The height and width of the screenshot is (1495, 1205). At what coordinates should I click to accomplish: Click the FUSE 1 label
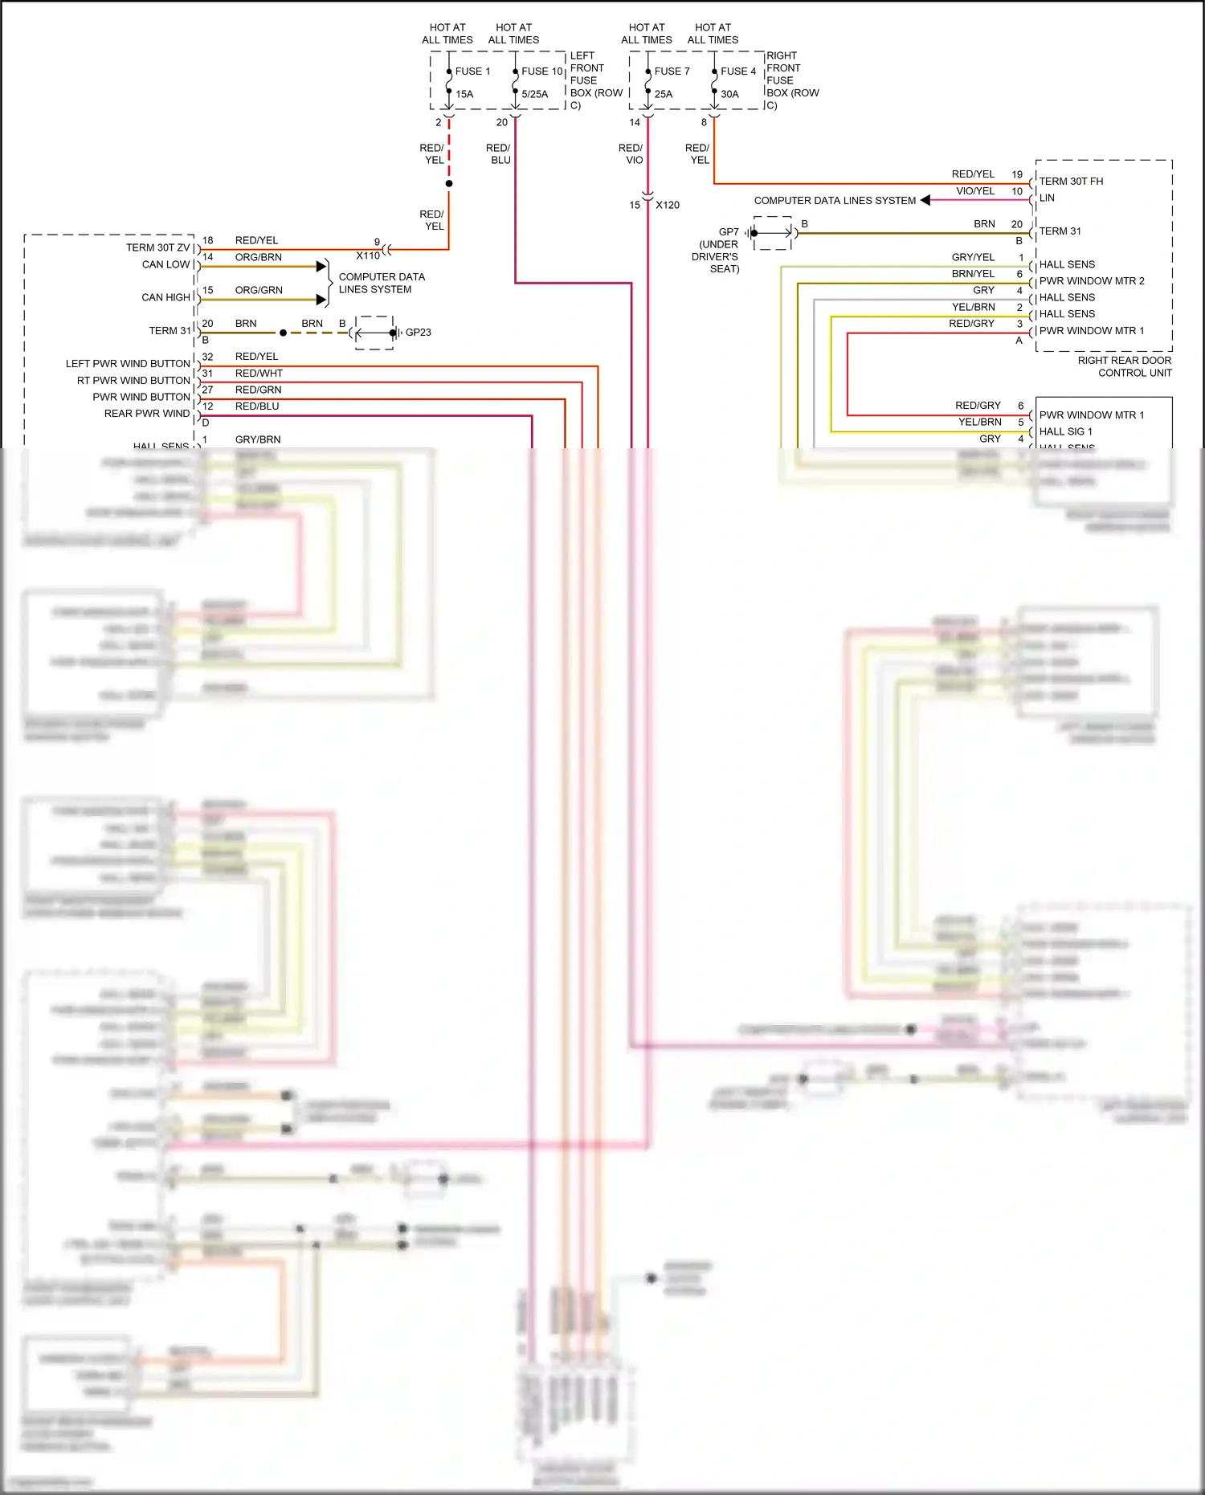pos(472,71)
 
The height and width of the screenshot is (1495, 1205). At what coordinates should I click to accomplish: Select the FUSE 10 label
pos(541,71)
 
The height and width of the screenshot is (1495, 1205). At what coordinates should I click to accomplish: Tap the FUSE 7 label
pos(672,71)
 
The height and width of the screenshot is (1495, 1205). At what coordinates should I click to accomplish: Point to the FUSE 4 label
pos(737,71)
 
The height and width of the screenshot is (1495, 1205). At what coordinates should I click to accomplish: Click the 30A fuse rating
pos(729,94)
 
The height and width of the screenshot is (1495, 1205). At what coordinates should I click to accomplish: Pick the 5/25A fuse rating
pos(534,94)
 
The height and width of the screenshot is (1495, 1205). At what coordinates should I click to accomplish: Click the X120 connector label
pos(667,205)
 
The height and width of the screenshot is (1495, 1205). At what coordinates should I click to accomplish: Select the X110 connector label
pos(368,255)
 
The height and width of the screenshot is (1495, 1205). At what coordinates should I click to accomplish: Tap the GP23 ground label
pos(418,332)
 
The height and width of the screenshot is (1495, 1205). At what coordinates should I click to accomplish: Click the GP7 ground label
pos(729,232)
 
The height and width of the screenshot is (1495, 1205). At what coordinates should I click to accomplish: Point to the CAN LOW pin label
pos(165,264)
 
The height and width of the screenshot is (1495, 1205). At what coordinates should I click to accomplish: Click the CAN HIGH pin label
pos(165,297)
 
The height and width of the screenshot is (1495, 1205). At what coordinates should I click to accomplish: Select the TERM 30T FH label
pos(1071,182)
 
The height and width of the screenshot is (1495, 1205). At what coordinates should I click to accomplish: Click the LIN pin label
pos(1047,198)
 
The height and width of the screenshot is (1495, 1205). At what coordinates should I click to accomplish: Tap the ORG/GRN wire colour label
pos(259,290)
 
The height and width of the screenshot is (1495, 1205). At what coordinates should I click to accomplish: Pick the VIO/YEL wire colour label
pos(974,191)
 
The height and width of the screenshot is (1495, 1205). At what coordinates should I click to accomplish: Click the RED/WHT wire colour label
pos(259,373)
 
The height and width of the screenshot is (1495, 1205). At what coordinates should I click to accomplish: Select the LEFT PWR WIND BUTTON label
pos(128,364)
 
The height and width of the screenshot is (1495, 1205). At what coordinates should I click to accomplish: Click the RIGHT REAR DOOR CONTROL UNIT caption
pos(1124,366)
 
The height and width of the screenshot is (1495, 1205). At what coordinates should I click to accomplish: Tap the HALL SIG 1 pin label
pos(1065,431)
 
